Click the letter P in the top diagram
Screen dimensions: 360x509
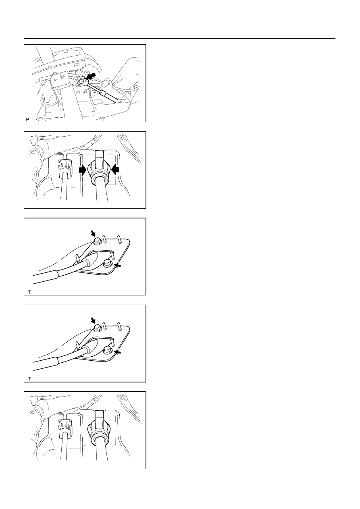pos(27,119)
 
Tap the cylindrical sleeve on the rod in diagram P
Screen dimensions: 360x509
pos(102,93)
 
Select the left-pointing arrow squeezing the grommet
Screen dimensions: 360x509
pos(115,170)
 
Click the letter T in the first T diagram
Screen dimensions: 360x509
pos(29,292)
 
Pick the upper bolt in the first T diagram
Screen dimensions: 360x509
pos(98,241)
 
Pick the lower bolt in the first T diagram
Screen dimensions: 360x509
pos(107,264)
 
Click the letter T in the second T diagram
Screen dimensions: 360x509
pos(29,379)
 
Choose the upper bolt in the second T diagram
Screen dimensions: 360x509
pos(98,328)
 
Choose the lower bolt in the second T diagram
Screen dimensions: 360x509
pos(107,351)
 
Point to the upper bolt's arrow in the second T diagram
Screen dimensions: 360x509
pos(93,320)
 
